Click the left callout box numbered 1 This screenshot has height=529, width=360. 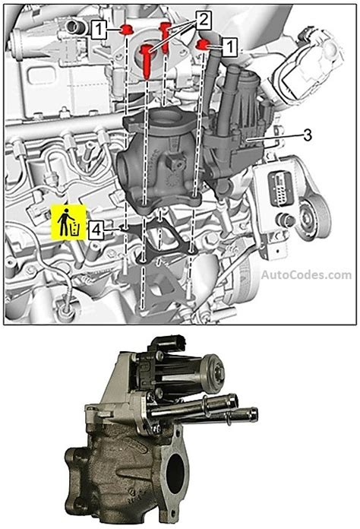point(99,30)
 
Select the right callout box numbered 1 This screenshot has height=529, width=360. point(229,46)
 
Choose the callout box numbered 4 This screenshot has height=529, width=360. point(95,227)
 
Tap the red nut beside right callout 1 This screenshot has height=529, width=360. point(204,46)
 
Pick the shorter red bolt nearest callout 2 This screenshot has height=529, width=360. point(164,36)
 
